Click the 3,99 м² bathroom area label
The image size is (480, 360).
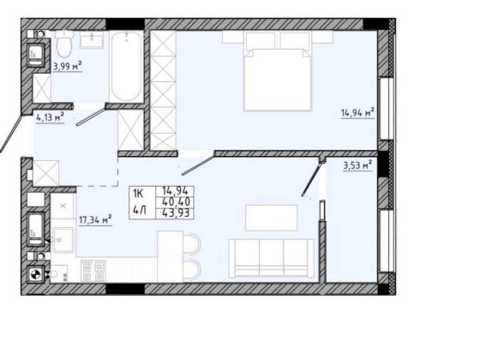click(x=68, y=66)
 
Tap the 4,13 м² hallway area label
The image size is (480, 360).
click(x=51, y=117)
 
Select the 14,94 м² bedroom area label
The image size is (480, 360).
click(x=358, y=112)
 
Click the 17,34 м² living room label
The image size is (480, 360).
click(x=95, y=219)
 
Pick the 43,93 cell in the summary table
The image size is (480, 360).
click(x=176, y=213)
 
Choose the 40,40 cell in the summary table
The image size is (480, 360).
click(x=176, y=201)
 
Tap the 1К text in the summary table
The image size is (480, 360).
click(x=138, y=194)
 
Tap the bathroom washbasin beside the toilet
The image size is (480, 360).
click(x=92, y=39)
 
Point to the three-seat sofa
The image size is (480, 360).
click(x=272, y=259)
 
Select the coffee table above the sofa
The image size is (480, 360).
click(x=271, y=218)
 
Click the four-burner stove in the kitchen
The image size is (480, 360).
click(x=93, y=270)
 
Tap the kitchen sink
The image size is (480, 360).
click(x=63, y=240)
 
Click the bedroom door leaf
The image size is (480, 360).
click(x=198, y=165)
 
